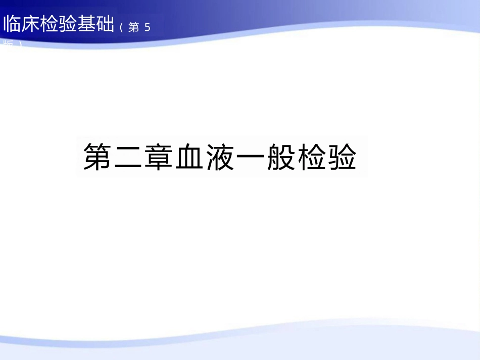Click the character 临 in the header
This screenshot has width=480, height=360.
tap(12, 24)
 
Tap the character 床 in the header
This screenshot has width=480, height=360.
tap(31, 24)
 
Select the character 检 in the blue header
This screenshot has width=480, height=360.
tap(50, 24)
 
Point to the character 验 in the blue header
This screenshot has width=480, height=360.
tap(68, 24)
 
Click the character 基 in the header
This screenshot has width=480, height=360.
tap(86, 24)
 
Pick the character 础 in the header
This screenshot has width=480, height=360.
tap(105, 24)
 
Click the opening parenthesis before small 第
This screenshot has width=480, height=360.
tap(122, 27)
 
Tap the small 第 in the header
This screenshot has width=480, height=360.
tap(134, 27)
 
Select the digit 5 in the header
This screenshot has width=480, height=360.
tap(147, 27)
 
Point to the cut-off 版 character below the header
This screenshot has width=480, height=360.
tap(9, 44)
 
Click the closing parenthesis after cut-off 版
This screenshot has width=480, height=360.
tap(20, 44)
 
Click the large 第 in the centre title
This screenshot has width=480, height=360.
tap(98, 157)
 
